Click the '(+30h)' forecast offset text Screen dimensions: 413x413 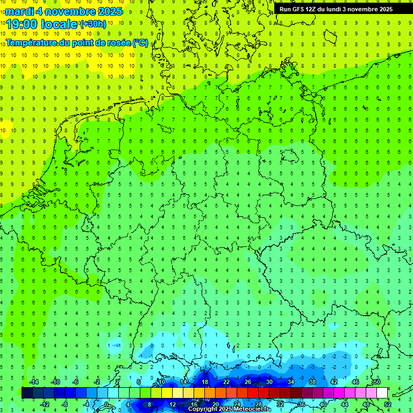[93, 24]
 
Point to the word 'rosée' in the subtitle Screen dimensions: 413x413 [118, 42]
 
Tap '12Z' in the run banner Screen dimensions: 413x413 [314, 9]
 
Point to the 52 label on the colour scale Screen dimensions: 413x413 [388, 404]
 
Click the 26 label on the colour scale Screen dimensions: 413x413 [247, 382]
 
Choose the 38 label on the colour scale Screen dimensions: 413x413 [312, 382]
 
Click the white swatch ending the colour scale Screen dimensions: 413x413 [382, 393]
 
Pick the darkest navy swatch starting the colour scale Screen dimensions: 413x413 [27, 393]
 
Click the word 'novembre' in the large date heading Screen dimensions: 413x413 [70, 11]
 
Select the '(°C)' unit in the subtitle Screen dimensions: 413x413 [141, 42]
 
